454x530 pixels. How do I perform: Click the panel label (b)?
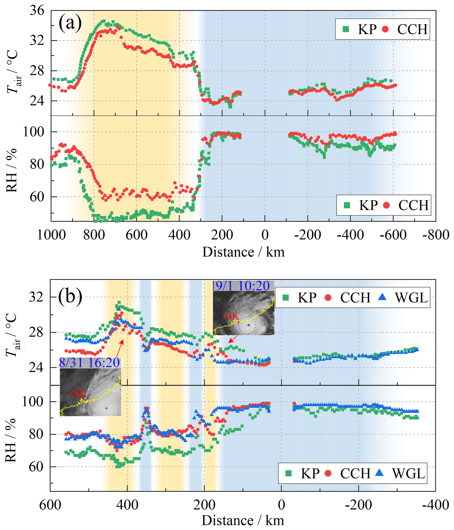click(x=70, y=297)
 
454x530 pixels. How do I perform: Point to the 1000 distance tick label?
click(x=51, y=235)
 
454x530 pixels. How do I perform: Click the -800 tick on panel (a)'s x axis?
click(x=436, y=235)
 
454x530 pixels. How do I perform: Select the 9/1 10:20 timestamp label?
click(x=243, y=286)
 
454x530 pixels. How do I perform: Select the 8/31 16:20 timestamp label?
click(x=89, y=362)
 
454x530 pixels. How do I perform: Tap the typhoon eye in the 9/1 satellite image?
click(x=249, y=325)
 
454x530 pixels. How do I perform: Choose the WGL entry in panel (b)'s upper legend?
click(x=411, y=297)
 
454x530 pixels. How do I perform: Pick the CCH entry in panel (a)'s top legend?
click(x=412, y=29)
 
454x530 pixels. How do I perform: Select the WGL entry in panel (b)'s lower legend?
click(x=408, y=473)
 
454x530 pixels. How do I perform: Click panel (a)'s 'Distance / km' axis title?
click(x=243, y=252)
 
